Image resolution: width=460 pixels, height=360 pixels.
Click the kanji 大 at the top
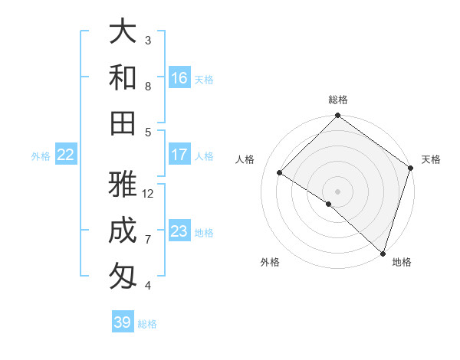(x=123, y=33)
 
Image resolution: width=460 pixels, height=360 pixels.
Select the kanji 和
(x=123, y=77)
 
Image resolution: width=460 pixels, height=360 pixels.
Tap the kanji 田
(x=123, y=123)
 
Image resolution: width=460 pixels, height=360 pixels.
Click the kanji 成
(x=123, y=231)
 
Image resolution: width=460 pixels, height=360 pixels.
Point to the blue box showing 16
(x=179, y=78)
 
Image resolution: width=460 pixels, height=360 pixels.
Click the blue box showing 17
(x=179, y=155)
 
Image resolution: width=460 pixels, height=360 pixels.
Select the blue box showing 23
(x=179, y=231)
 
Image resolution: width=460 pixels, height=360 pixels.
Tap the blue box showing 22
(x=66, y=155)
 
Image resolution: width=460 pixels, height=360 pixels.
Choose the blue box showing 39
(x=123, y=322)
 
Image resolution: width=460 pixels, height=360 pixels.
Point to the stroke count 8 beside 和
(x=148, y=86)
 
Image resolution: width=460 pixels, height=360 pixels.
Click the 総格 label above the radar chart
(x=338, y=100)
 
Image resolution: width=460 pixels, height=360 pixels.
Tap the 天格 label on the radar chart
(x=431, y=159)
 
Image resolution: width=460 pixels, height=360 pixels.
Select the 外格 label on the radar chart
(x=270, y=262)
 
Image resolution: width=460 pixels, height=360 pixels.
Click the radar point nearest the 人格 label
(x=280, y=173)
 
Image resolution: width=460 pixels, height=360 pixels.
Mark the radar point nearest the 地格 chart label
(x=382, y=252)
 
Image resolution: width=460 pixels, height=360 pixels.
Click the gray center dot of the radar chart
(x=337, y=191)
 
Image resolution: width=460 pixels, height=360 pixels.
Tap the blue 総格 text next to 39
(x=147, y=324)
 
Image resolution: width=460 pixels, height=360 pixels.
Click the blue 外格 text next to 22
(x=41, y=156)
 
